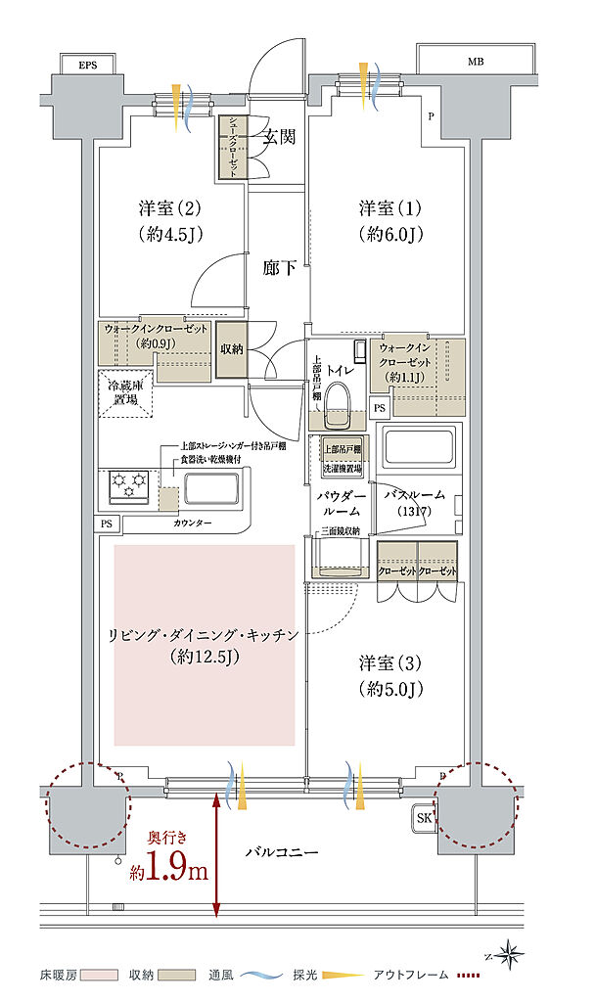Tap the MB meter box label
tap(475, 62)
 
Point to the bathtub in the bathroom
tap(420, 449)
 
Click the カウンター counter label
tap(192, 524)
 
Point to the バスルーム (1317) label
tap(415, 503)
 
